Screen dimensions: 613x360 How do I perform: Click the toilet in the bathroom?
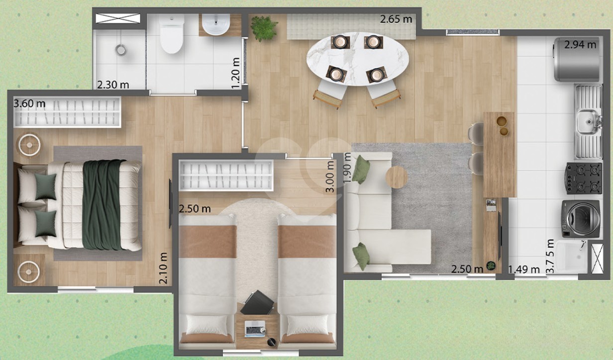click(x=172, y=34)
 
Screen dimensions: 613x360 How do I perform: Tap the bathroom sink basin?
click(x=216, y=25)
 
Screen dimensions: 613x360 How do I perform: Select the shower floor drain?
click(x=121, y=50)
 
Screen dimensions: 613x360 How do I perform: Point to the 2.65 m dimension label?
click(x=396, y=19)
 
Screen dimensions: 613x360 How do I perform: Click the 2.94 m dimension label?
click(x=580, y=45)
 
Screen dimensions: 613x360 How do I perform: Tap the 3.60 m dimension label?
click(x=29, y=104)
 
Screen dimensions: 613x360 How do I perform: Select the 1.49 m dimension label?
click(x=524, y=270)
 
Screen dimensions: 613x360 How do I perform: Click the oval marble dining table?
click(x=357, y=59)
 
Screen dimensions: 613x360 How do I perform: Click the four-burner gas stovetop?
click(x=584, y=179)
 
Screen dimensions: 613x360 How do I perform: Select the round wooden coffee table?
click(x=397, y=177)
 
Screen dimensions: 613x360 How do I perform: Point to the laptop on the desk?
click(x=255, y=329)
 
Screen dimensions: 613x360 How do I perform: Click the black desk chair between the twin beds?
click(x=257, y=302)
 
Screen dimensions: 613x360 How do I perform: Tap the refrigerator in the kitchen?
click(x=577, y=59)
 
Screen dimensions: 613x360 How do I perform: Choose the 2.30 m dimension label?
click(x=113, y=85)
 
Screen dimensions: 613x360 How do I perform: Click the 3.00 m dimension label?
click(x=330, y=177)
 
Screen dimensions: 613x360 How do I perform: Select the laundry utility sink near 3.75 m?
click(x=571, y=257)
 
